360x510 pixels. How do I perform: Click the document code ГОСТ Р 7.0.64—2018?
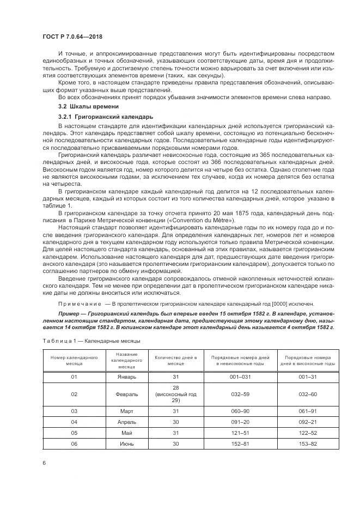(x=72, y=37)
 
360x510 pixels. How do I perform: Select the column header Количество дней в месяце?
(x=175, y=361)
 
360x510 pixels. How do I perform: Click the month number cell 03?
(x=74, y=411)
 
